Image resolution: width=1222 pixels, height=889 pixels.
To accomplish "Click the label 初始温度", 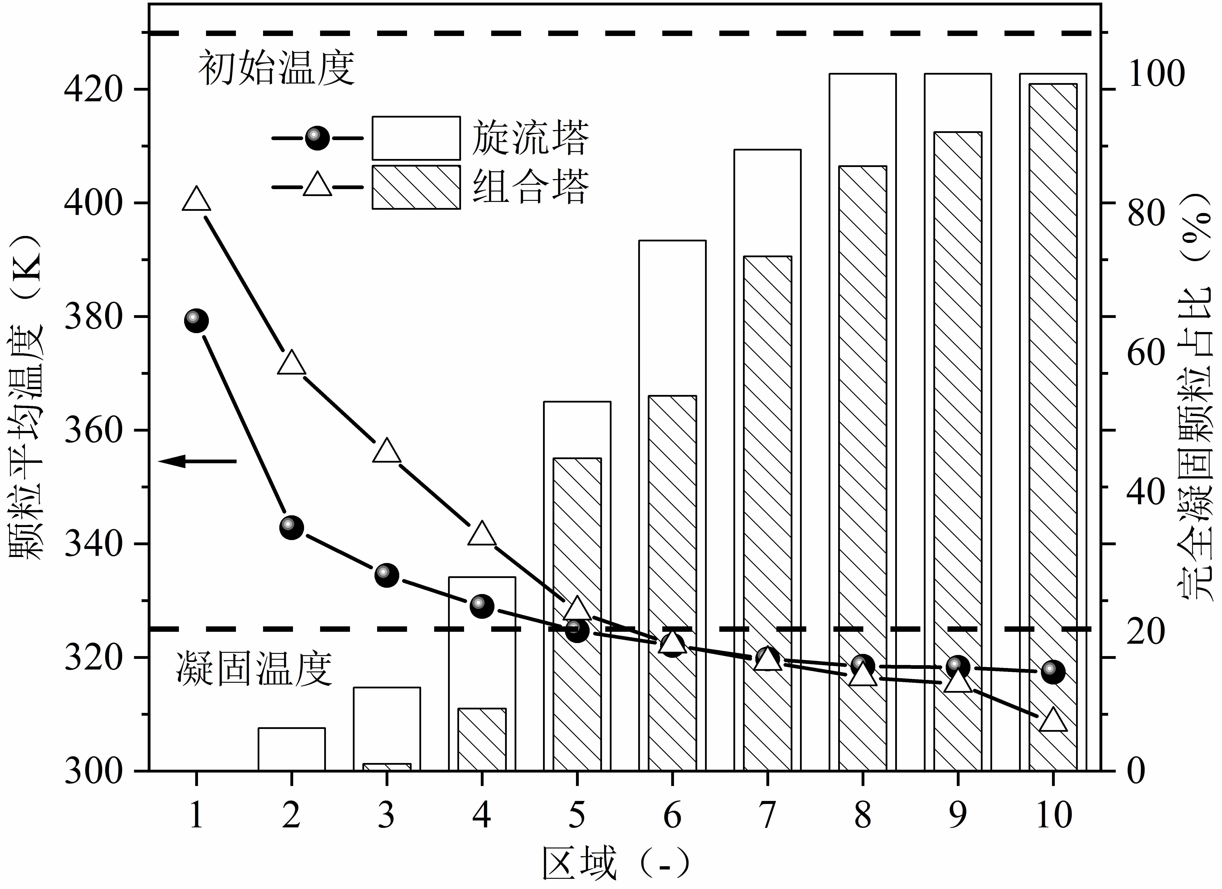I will [277, 69].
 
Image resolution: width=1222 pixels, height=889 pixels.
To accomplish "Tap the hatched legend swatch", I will [416, 187].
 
